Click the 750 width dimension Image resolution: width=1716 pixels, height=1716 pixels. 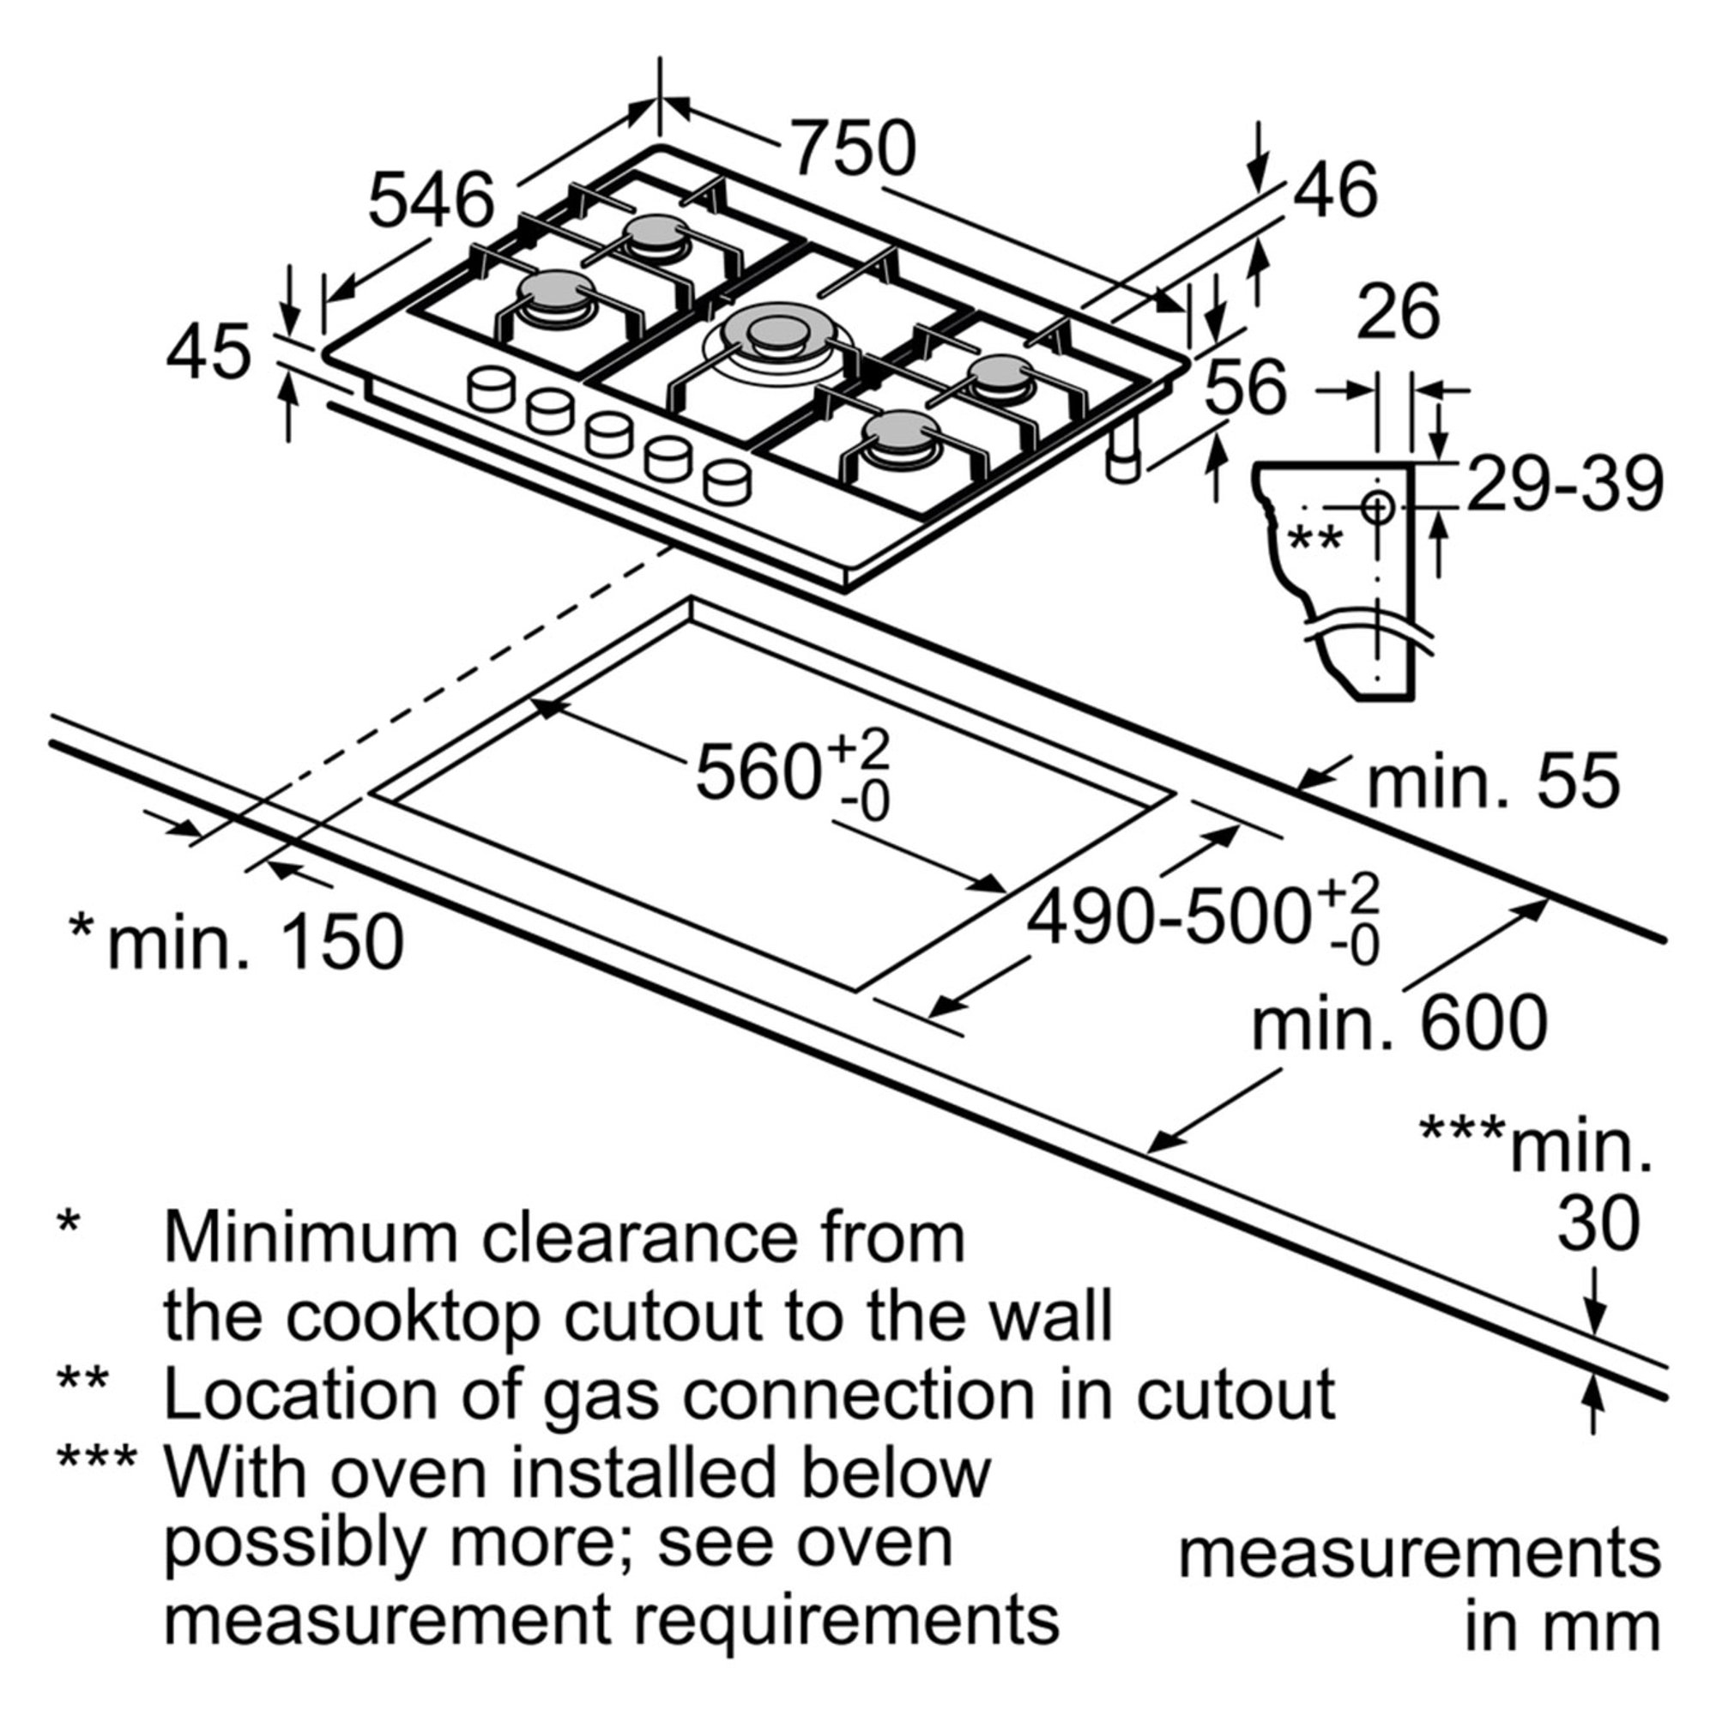pos(853,148)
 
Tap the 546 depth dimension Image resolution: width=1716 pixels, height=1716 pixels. pos(432,201)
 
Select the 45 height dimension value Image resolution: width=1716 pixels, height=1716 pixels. pos(209,353)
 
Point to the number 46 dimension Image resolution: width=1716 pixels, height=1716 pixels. pos(1335,189)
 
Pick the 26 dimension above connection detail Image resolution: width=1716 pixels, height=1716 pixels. pos(1398,311)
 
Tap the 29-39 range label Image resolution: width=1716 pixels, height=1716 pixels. pos(1564,485)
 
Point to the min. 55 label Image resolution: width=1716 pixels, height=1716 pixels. pos(1493,782)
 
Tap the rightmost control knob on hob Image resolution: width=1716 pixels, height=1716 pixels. pos(727,482)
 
